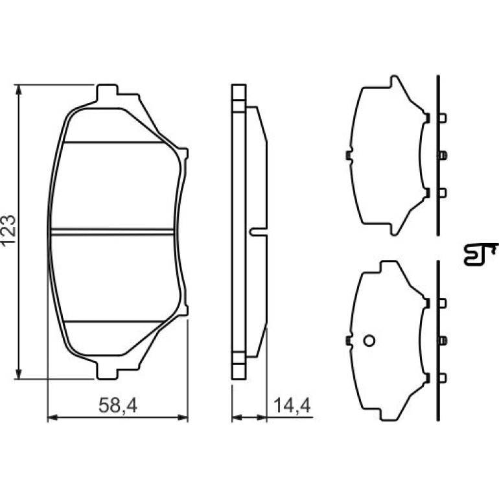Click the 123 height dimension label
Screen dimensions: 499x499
tap(8, 229)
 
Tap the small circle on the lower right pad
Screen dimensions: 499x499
tap(369, 341)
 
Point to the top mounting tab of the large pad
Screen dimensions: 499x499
tap(107, 92)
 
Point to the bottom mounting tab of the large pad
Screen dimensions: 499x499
tap(107, 371)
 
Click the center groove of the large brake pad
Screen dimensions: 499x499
tap(112, 232)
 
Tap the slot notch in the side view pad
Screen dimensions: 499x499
tap(258, 232)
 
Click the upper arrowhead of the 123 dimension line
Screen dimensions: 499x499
tap(19, 89)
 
